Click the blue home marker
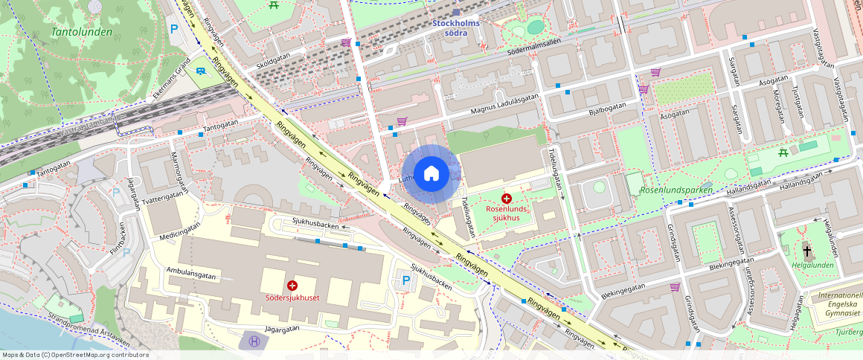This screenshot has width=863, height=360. [431, 174]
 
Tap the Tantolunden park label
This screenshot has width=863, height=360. [82, 32]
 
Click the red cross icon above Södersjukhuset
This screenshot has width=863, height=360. [292, 286]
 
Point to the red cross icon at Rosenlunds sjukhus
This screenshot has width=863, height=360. [507, 199]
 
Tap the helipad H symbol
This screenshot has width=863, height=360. [254, 341]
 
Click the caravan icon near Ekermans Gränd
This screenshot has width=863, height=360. [200, 71]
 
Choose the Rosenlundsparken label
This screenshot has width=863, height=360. [676, 190]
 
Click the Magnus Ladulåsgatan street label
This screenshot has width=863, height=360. [494, 104]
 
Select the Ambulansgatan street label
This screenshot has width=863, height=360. [191, 274]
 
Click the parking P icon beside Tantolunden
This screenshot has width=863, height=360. [174, 29]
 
